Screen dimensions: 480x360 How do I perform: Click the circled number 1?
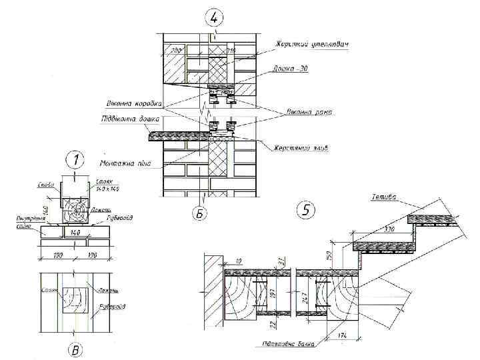pyautogui.click(x=77, y=160)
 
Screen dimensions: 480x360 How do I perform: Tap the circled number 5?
pyautogui.click(x=305, y=210)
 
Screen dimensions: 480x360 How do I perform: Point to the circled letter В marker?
pyautogui.click(x=77, y=349)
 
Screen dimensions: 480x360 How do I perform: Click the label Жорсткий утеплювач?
pyautogui.click(x=313, y=45)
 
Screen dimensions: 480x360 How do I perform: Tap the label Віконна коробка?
pyautogui.click(x=133, y=103)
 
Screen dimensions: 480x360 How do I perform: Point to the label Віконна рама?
pyautogui.click(x=309, y=113)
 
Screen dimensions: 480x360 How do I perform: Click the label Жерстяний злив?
pyautogui.click(x=300, y=147)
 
